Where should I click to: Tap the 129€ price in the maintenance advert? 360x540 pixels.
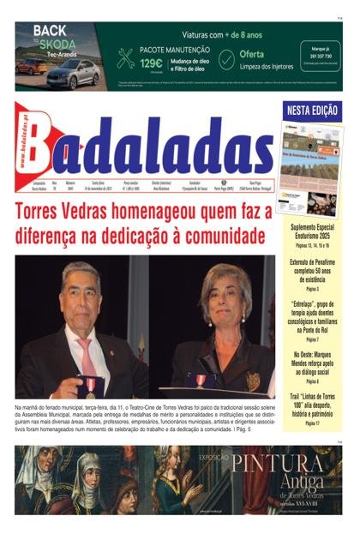coord(152,63)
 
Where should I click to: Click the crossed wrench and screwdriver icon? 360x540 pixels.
coord(126,57)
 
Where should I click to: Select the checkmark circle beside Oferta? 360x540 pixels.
coord(225,59)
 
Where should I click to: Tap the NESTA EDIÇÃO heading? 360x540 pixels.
coord(313,111)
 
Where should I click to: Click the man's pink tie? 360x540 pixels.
coord(88,352)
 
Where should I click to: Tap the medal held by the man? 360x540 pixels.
coord(90,383)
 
